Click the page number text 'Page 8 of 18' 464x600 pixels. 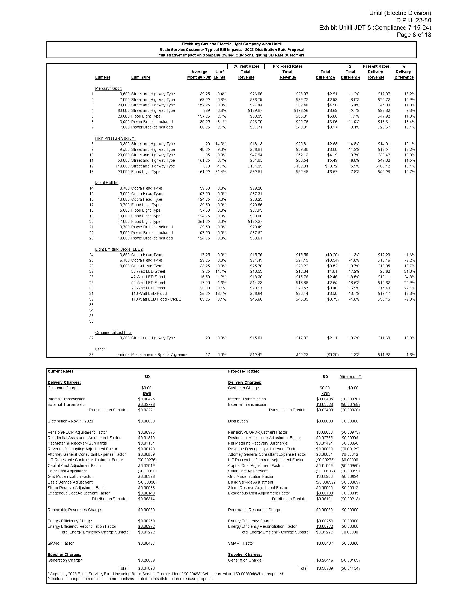414,35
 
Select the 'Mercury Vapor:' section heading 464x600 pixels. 108,88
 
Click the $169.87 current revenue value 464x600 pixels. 255,110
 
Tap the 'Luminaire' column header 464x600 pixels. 141,77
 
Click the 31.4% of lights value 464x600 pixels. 221,172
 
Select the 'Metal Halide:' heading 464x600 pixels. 106,183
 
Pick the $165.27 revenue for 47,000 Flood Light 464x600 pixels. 255,221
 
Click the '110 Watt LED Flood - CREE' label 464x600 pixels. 156,299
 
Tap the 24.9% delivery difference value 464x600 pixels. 409,283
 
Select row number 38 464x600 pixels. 91,354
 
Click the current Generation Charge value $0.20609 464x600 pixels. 146,560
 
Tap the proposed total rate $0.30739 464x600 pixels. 324,568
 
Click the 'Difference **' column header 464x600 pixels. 350,377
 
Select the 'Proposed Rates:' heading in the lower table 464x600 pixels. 243,371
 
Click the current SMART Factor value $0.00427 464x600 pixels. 146,543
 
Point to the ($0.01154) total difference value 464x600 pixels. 350,568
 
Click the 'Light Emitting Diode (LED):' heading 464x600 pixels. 119,249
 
